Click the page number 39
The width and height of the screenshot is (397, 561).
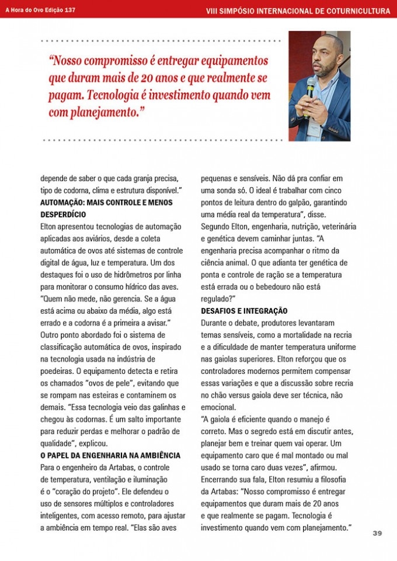pos(377,533)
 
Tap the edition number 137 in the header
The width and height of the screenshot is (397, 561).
pos(69,10)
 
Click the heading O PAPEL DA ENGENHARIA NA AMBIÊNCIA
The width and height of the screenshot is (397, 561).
pos(110,455)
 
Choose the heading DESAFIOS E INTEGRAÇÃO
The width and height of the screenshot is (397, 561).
pos(244,310)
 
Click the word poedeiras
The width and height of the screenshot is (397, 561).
pos(58,371)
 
